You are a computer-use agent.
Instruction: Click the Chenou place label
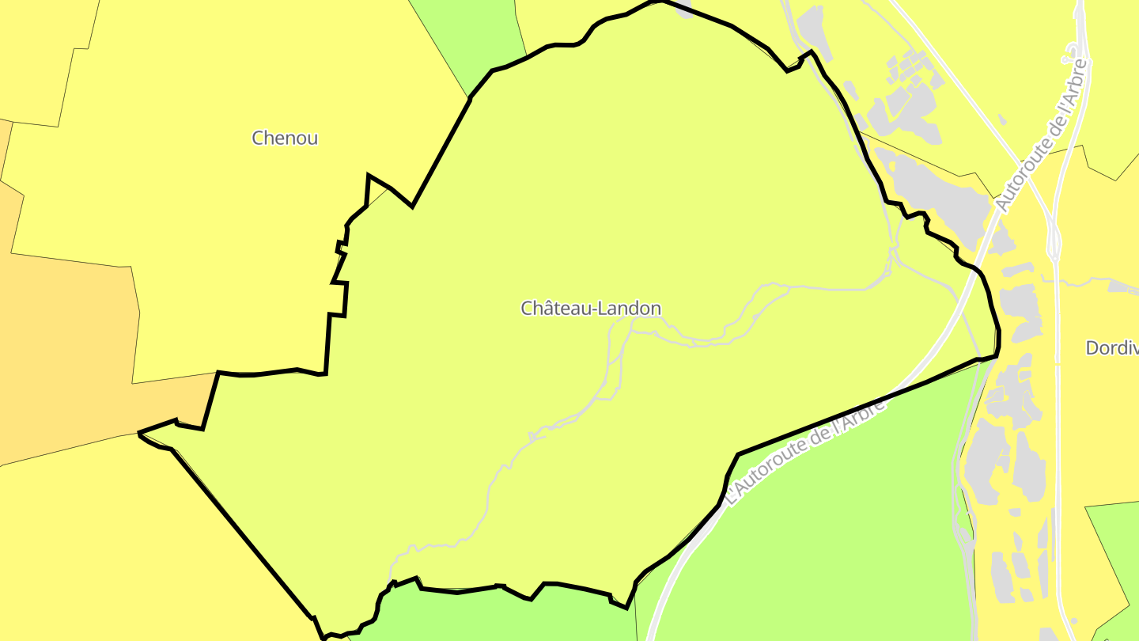pos(285,138)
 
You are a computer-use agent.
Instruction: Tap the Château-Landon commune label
pos(590,309)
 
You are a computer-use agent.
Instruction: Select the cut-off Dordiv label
pos(1112,348)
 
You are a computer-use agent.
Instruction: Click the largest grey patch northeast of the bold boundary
pos(933,190)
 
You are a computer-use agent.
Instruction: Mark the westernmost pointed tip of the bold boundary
pos(139,433)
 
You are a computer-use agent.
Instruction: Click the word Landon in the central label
pos(628,309)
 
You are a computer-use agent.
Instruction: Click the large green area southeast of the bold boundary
pos(815,538)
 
